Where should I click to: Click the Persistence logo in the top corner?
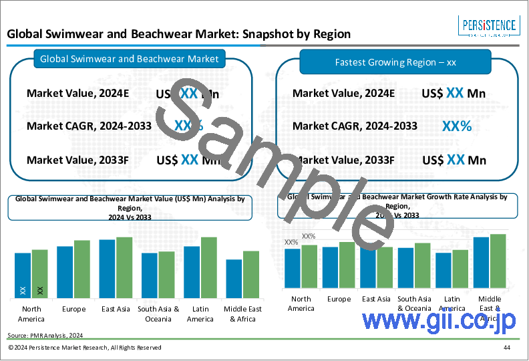click(x=490, y=27)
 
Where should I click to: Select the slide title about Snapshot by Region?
click(x=178, y=34)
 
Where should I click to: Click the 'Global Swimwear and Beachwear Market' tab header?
click(x=130, y=59)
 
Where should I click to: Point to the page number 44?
click(x=508, y=348)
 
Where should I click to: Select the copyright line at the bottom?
click(x=85, y=348)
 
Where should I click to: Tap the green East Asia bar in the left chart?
click(x=124, y=267)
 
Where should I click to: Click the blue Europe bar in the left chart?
click(x=65, y=272)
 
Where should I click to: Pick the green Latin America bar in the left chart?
click(x=209, y=267)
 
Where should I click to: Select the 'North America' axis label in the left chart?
click(x=31, y=314)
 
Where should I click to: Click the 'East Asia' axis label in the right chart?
click(x=375, y=299)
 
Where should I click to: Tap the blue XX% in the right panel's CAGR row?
click(x=457, y=126)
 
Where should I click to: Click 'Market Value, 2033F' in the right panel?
click(x=344, y=160)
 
